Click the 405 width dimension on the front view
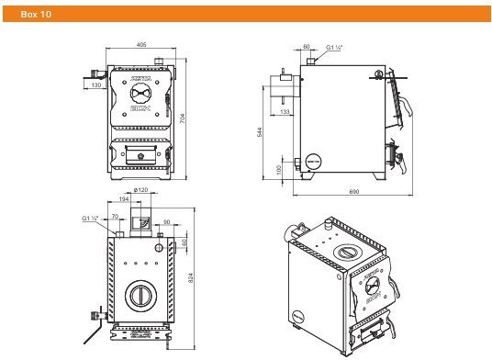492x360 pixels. tap(141, 43)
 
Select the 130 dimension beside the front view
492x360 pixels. tap(96, 86)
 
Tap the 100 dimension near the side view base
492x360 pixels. tap(279, 169)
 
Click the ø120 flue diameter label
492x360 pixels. tap(141, 189)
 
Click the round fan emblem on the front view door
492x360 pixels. tap(140, 93)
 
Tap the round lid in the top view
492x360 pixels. tap(140, 294)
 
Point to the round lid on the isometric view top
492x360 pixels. tap(346, 252)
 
